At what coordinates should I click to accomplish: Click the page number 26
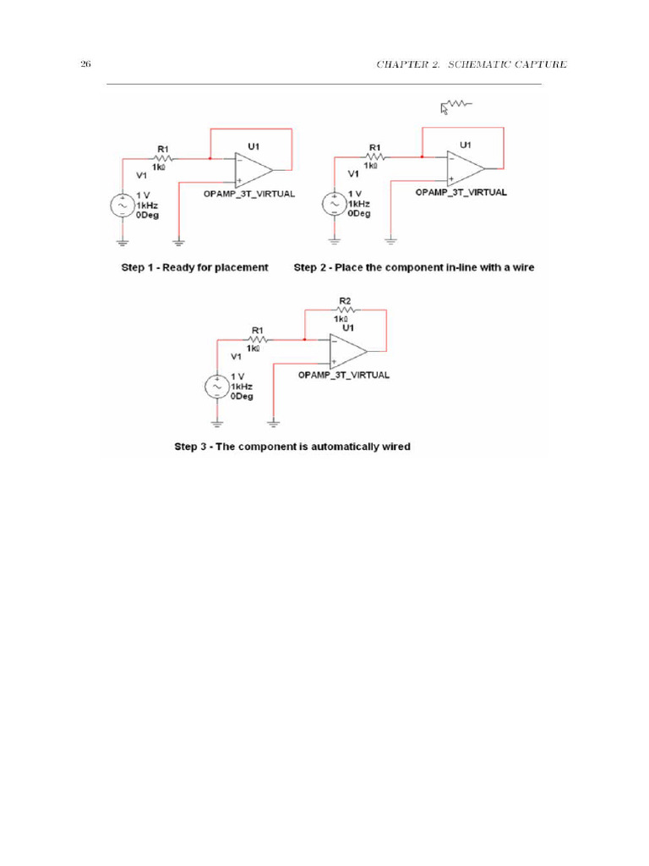[85, 64]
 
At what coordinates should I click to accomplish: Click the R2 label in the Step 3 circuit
[345, 301]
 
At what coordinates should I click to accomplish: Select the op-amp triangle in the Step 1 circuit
[252, 169]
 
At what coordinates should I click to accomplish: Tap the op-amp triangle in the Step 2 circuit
[464, 167]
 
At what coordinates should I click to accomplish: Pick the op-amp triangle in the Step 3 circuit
[346, 350]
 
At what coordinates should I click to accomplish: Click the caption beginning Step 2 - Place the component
[414, 267]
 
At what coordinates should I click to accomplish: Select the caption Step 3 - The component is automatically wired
[292, 447]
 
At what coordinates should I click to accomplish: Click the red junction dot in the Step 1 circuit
[209, 157]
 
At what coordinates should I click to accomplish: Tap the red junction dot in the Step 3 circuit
[303, 338]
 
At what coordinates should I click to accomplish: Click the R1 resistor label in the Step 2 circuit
[375, 147]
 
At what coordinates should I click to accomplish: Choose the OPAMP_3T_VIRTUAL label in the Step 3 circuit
[344, 375]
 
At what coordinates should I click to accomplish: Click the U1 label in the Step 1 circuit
[254, 145]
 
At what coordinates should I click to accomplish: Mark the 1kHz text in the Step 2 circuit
[359, 205]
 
